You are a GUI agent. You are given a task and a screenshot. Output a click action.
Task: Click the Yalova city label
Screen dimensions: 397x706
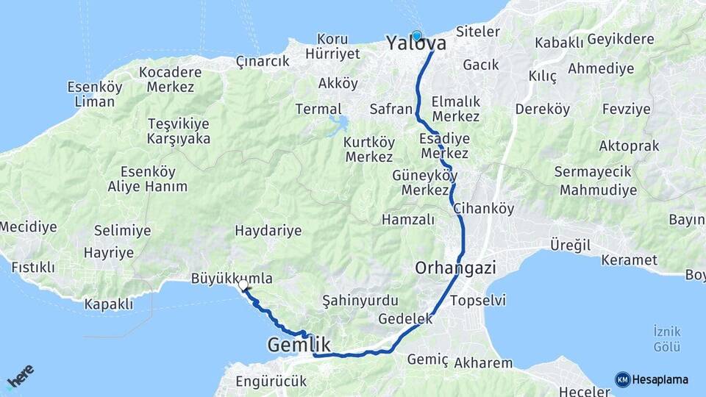click(x=416, y=44)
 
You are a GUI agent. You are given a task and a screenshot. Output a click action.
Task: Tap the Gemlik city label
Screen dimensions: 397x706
click(x=299, y=345)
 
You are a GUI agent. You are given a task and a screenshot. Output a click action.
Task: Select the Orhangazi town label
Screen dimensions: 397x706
click(x=455, y=268)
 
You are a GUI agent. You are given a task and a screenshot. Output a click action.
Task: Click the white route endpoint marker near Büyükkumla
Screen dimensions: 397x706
click(x=243, y=285)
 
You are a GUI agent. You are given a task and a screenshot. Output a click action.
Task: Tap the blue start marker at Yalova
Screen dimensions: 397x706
click(x=417, y=35)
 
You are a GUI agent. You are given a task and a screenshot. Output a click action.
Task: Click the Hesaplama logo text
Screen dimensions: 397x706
click(x=660, y=379)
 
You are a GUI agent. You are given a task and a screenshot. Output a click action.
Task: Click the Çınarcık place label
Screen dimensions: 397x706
click(x=263, y=62)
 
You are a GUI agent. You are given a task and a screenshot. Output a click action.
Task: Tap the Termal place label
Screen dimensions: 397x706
click(x=318, y=109)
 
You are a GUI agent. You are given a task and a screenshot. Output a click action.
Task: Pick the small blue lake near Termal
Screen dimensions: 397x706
click(x=339, y=124)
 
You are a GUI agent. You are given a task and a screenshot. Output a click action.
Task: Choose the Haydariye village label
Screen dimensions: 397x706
click(x=268, y=231)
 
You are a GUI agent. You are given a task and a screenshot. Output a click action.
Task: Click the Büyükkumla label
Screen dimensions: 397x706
click(x=232, y=279)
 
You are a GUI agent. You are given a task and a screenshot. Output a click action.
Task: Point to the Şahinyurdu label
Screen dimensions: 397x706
click(x=360, y=300)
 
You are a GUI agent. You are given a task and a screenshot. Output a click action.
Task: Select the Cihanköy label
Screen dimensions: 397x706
click(x=484, y=208)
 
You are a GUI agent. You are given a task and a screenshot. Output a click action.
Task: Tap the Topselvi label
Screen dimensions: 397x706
click(x=477, y=300)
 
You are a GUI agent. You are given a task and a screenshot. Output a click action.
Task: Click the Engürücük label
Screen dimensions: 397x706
click(x=271, y=382)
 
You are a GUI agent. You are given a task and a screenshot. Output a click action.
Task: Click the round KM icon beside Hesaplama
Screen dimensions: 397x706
click(x=623, y=379)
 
